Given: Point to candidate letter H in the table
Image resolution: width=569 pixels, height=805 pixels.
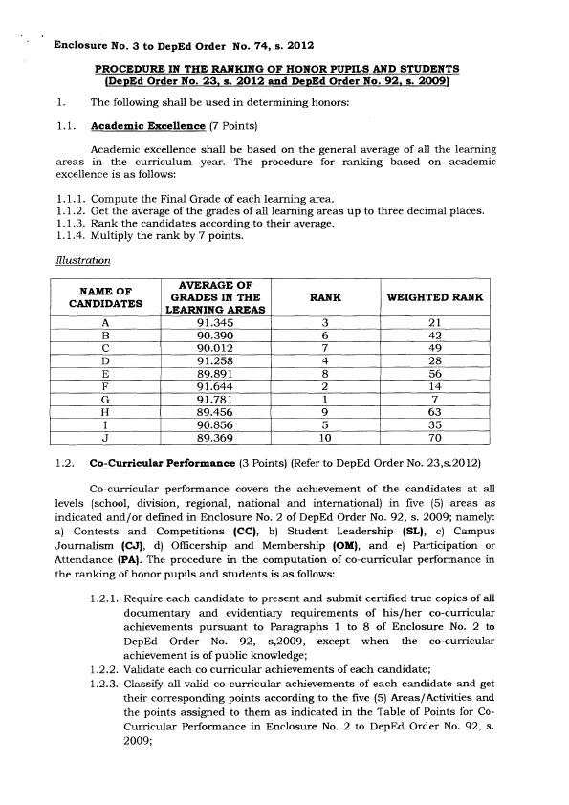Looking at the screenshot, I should pyautogui.click(x=100, y=411).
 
